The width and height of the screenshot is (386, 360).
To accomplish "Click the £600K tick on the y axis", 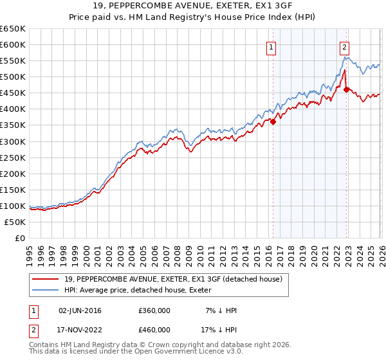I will (x=12, y=44).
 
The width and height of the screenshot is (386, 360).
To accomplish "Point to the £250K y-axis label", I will (x=12, y=157).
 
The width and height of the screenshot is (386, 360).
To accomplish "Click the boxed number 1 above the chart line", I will (x=271, y=47).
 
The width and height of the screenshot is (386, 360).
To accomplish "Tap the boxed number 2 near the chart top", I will (x=345, y=47).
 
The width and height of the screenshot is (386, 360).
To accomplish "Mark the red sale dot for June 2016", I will (x=273, y=122).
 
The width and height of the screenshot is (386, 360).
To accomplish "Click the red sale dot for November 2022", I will (x=346, y=89).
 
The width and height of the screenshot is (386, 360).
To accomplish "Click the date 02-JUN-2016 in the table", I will (x=78, y=310).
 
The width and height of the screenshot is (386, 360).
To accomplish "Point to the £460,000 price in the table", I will (x=154, y=330).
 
